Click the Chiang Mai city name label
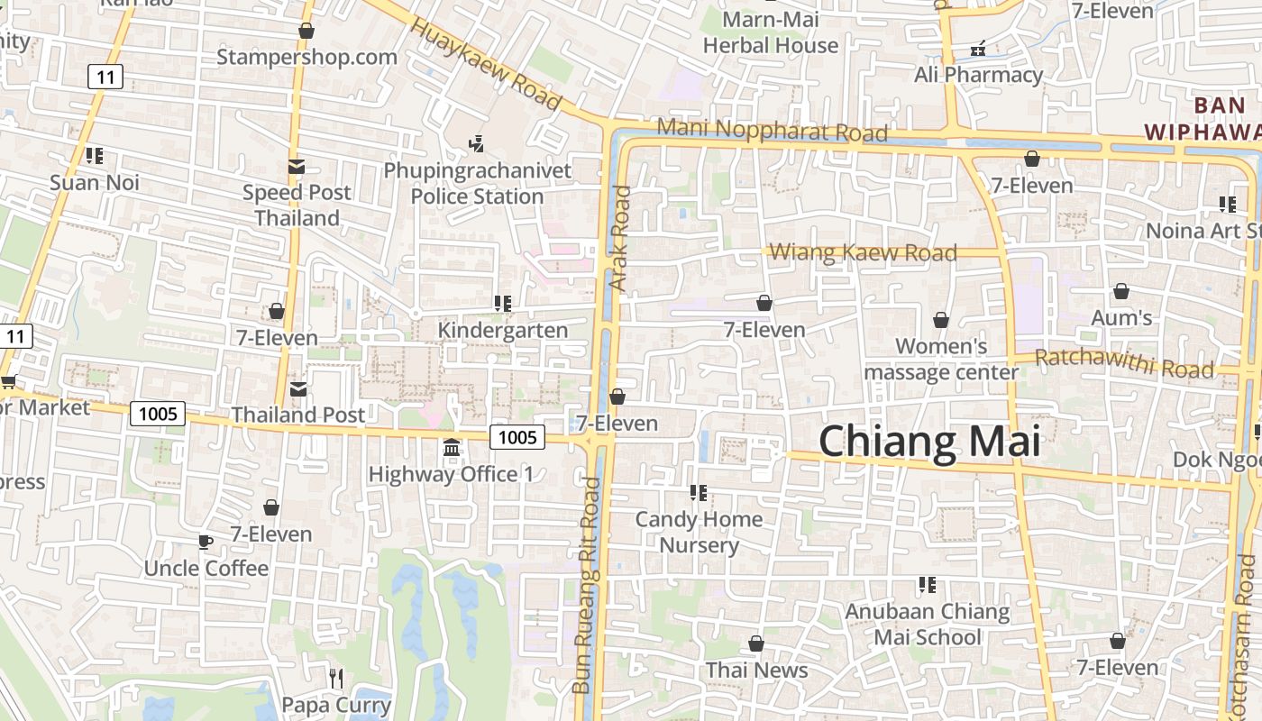[x=929, y=442]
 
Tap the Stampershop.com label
[x=306, y=57]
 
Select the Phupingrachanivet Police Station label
[x=477, y=183]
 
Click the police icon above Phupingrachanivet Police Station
[x=477, y=142]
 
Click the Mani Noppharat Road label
[x=772, y=130]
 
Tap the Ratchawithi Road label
[x=1124, y=363]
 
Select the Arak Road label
[x=620, y=238]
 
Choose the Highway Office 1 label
[x=451, y=474]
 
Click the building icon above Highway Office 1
[x=452, y=447]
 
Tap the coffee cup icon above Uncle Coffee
[x=206, y=542]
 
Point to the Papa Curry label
[x=336, y=705]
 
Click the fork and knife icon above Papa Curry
[x=336, y=678]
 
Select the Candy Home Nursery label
[x=699, y=532]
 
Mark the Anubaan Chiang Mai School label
[x=927, y=624]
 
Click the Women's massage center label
[x=941, y=359]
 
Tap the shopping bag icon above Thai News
[x=756, y=643]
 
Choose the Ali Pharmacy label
[x=978, y=75]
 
